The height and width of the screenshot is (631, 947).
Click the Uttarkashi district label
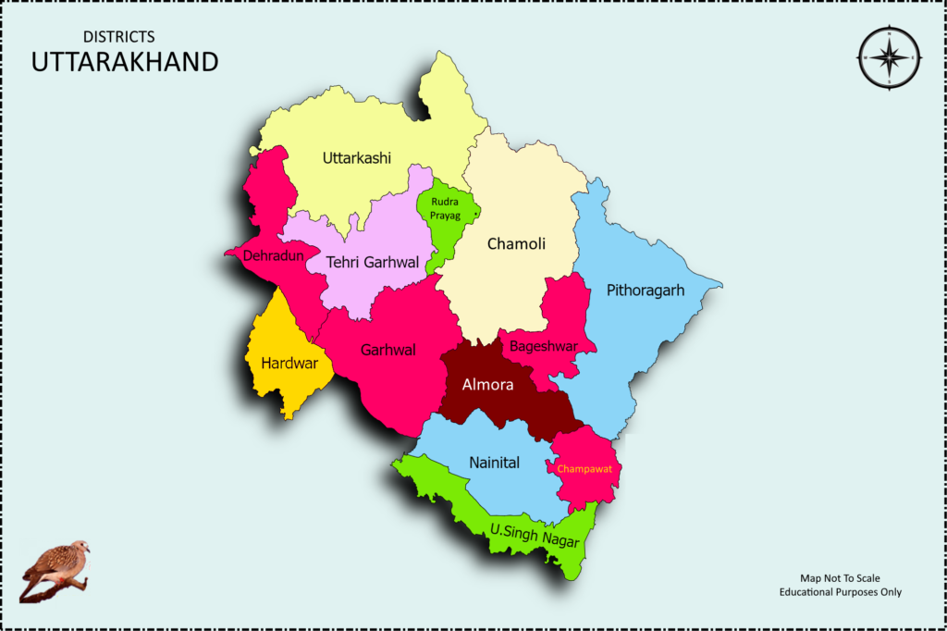[357, 158]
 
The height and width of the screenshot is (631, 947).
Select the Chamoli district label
[516, 244]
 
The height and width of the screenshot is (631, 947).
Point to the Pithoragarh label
[646, 291]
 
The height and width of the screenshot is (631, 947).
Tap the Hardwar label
[289, 363]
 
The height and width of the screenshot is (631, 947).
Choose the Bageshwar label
[544, 346]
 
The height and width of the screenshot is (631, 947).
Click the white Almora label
[487, 385]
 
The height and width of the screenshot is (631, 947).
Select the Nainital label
[494, 463]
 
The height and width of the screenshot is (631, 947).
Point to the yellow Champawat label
[584, 469]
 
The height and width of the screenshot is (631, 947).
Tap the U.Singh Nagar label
[535, 536]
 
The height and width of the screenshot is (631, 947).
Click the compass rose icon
[889, 56]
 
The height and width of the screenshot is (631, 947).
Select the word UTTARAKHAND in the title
[125, 63]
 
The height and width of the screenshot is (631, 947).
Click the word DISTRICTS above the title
[118, 37]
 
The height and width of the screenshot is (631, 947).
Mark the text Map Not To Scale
[840, 578]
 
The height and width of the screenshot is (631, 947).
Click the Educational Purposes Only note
[840, 592]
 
